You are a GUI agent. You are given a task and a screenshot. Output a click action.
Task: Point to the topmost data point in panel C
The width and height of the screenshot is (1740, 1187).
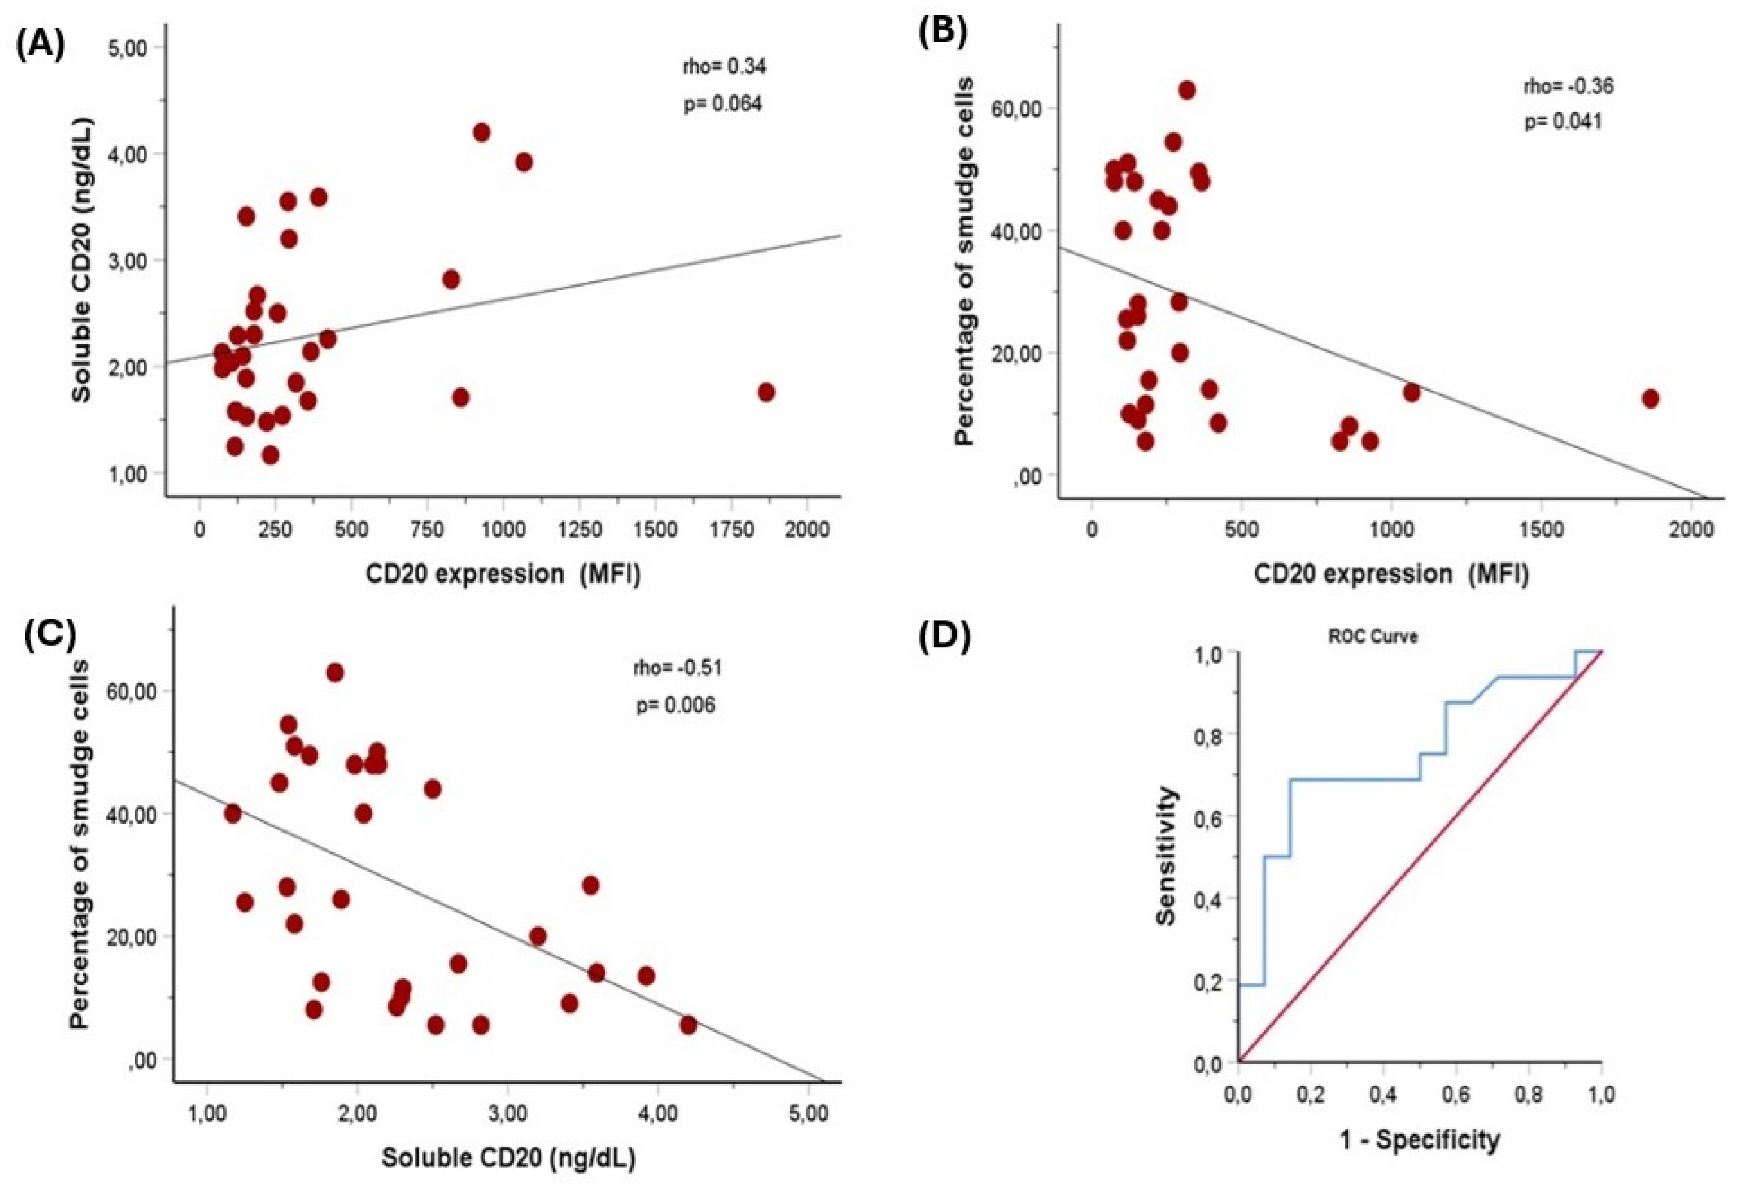point(335,672)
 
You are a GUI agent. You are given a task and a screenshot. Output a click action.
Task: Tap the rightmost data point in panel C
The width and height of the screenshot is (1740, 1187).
point(688,1025)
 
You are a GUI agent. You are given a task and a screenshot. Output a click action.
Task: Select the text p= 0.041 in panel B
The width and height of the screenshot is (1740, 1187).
point(1563,122)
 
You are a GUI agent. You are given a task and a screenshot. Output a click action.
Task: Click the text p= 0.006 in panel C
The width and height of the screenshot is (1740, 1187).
point(675,705)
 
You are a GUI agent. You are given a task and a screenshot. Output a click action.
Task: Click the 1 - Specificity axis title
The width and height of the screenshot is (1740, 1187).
point(1420,1139)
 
